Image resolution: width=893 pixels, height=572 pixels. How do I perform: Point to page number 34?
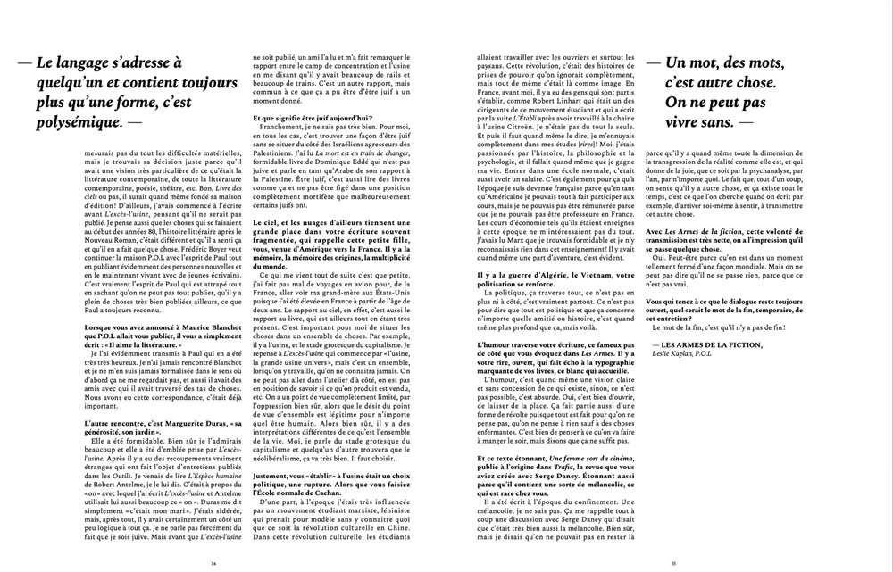213,563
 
